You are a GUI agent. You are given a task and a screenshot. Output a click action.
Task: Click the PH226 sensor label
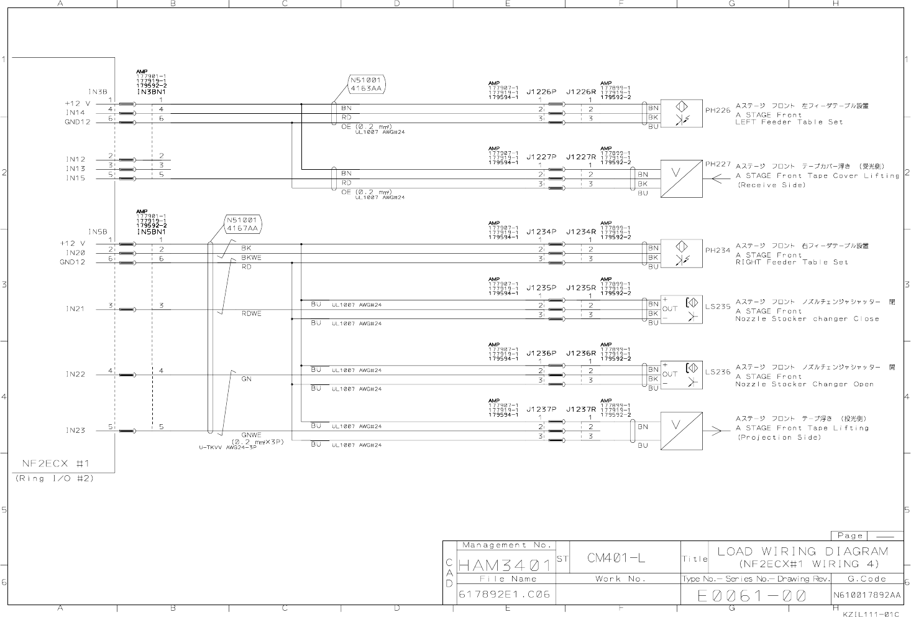[x=718, y=110]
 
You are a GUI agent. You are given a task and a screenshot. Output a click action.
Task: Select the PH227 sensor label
[x=718, y=164]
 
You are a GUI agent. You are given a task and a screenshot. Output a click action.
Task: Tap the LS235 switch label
[x=718, y=307]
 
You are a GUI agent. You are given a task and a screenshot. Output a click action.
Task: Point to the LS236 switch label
[x=718, y=372]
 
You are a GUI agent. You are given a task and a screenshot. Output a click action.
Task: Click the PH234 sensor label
[x=718, y=251]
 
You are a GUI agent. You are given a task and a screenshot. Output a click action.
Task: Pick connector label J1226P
[x=541, y=91]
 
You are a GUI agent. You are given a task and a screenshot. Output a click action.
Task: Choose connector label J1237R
[x=581, y=409]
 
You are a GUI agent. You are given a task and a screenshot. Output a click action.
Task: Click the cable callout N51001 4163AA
[x=367, y=84]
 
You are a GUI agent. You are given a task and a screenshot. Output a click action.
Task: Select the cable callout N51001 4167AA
[x=242, y=224]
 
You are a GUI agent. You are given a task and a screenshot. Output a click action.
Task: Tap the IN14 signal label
[x=75, y=113]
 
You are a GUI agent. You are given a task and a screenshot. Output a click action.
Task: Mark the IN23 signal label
[x=75, y=430]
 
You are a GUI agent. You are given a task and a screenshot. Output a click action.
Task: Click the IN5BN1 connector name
[x=152, y=232]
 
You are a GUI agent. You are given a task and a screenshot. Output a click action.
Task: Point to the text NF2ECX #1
[x=56, y=463]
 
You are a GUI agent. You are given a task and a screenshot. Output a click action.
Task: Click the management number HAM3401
[x=505, y=565]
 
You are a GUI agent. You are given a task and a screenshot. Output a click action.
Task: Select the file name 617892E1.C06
[x=505, y=594]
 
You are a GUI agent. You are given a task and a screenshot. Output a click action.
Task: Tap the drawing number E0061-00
[x=752, y=596]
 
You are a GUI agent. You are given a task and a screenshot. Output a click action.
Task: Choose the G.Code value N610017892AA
[x=867, y=595]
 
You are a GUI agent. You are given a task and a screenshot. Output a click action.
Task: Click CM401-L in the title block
[x=616, y=558]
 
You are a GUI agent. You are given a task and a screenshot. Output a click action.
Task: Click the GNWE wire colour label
[x=252, y=435]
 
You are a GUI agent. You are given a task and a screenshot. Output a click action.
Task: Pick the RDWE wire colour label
[x=252, y=313]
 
